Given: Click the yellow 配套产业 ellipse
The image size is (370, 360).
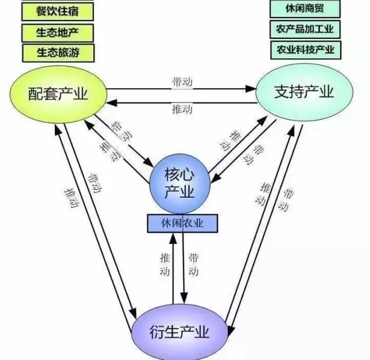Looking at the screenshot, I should (x=57, y=93).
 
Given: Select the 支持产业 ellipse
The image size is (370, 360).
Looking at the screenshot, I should (x=303, y=91).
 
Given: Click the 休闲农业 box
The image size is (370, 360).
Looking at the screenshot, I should (x=182, y=223).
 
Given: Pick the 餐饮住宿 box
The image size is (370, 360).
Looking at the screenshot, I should (x=58, y=11).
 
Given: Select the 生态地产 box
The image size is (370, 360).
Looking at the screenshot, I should (x=58, y=31).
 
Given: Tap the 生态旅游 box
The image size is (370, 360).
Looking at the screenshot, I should (x=58, y=52).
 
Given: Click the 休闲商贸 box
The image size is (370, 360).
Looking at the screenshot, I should (x=305, y=9).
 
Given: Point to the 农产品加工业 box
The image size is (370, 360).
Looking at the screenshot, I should (x=305, y=29).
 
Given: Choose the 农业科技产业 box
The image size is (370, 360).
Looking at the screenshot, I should (x=305, y=49).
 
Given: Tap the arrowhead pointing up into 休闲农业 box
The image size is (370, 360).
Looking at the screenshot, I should (x=173, y=236).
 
